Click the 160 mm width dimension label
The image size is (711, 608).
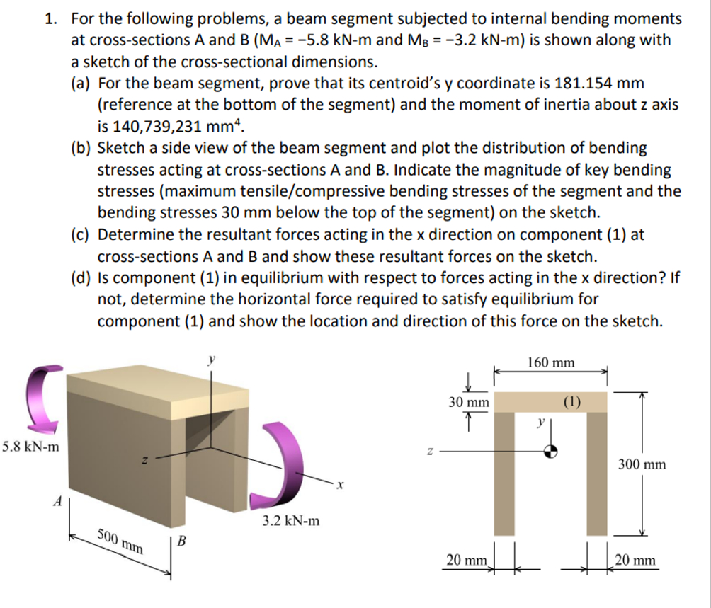click(x=551, y=363)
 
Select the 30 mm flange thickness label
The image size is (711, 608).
click(x=469, y=402)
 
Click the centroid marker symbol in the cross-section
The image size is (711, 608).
click(x=551, y=450)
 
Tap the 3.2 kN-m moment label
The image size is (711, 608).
click(x=290, y=522)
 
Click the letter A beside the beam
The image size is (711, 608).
click(x=58, y=501)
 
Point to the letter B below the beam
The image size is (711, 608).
click(x=182, y=542)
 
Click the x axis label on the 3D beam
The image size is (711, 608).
click(x=340, y=486)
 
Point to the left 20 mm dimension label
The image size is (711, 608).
click(x=467, y=560)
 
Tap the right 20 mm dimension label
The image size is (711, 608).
click(x=636, y=560)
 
